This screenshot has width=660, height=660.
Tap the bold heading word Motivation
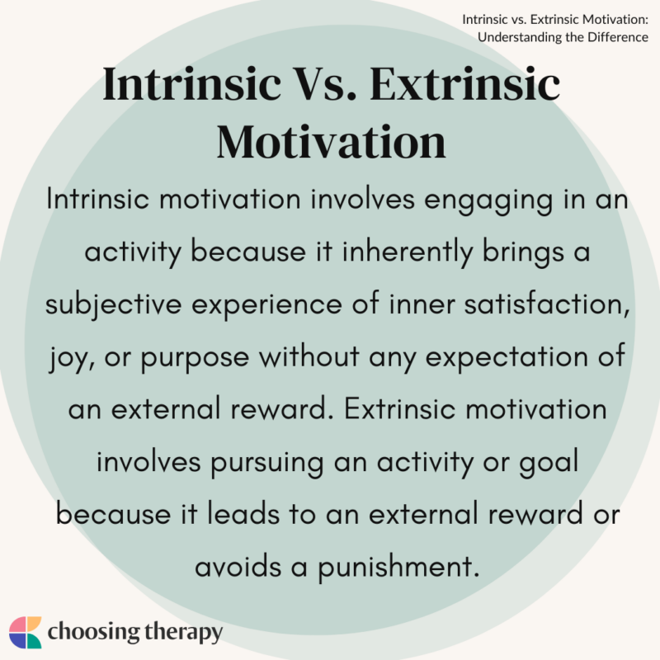[332, 141]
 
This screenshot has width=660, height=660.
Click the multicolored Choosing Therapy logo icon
[26, 632]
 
